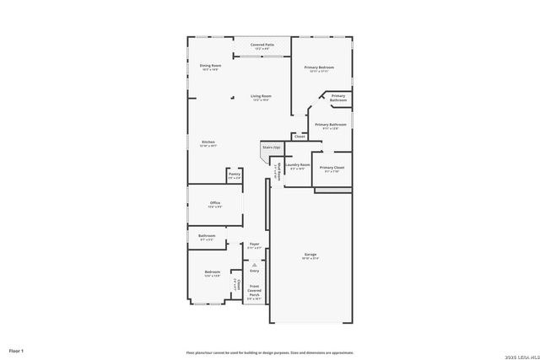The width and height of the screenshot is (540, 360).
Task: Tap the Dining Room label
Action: (x=210, y=66)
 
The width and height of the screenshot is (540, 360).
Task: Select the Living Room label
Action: (x=261, y=97)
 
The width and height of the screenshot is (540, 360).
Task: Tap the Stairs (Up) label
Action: (x=270, y=148)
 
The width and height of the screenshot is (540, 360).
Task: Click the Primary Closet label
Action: (x=332, y=168)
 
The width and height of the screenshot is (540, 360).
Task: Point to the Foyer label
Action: (x=254, y=244)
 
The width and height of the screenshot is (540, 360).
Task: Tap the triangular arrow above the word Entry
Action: (x=254, y=265)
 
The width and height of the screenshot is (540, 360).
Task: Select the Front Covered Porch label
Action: (x=254, y=291)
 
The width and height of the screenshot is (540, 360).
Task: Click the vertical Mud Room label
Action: (x=275, y=172)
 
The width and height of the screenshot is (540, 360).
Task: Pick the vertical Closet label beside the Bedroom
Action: (x=237, y=286)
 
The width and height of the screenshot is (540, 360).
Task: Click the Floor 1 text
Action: (x=17, y=350)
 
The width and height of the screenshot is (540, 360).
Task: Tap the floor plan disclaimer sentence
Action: (x=270, y=352)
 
